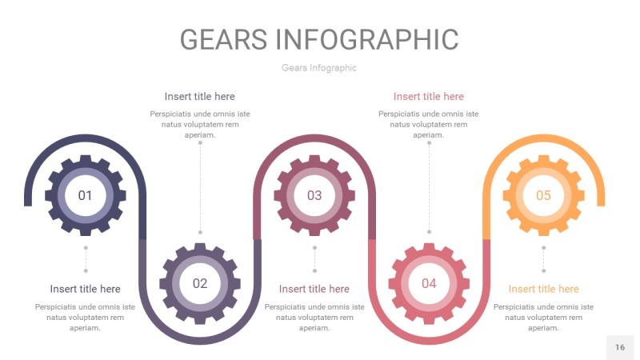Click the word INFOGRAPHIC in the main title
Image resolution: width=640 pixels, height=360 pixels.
click(366, 39)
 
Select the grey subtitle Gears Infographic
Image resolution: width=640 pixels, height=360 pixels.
click(319, 68)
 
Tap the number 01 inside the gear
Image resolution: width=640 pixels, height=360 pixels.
click(85, 195)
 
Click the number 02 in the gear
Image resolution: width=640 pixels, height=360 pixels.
click(199, 283)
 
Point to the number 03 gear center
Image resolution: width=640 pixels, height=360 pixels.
click(314, 195)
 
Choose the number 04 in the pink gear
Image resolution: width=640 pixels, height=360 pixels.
click(429, 283)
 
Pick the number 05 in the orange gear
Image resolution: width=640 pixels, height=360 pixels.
click(543, 195)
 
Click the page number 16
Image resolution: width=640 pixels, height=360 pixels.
click(620, 347)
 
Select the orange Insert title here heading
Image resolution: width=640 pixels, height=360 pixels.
click(543, 289)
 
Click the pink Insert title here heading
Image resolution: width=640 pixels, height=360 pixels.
click(429, 97)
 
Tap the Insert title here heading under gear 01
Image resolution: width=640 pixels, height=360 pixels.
click(85, 289)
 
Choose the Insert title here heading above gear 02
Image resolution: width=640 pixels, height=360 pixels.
click(200, 97)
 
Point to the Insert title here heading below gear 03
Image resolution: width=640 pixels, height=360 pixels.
click(314, 289)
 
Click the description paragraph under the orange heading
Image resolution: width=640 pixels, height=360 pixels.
click(543, 317)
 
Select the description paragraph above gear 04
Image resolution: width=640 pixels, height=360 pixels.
click(429, 124)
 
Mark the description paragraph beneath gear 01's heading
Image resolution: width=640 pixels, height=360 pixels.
click(85, 317)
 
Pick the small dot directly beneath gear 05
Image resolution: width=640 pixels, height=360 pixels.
click(543, 248)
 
